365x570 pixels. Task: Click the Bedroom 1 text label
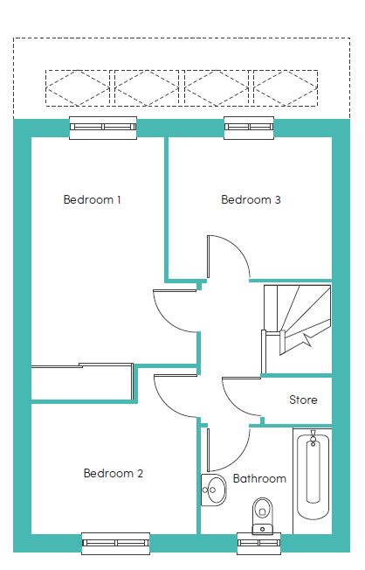[x=92, y=199]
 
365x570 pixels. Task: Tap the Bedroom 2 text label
[x=113, y=474]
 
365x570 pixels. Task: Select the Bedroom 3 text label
[x=251, y=199]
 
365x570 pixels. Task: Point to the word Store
[x=303, y=400]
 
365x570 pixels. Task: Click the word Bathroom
[x=259, y=478]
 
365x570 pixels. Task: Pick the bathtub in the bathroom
[x=312, y=477]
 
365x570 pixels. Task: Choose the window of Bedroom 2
[x=116, y=544]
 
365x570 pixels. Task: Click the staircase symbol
[x=297, y=319]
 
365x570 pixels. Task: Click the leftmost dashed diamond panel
[x=79, y=87]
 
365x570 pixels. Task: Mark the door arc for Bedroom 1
[x=175, y=310]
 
